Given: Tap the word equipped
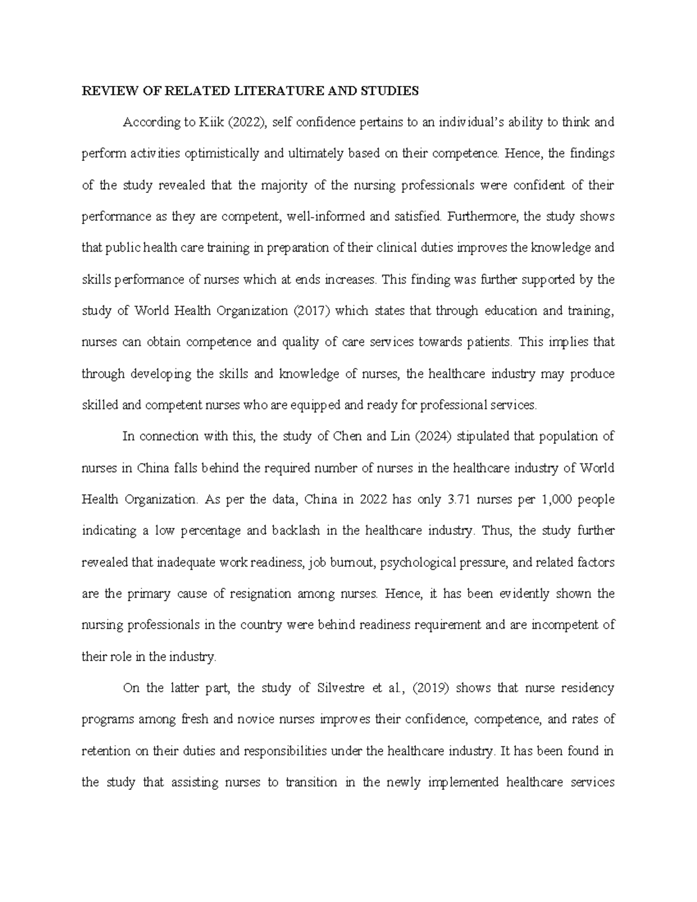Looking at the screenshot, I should (x=315, y=405).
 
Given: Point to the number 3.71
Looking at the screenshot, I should (x=460, y=499).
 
